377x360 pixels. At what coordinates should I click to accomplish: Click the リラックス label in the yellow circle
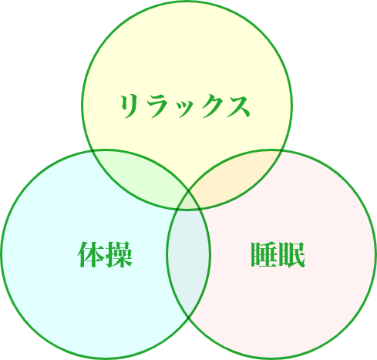click(185, 106)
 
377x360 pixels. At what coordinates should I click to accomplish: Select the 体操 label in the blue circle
click(105, 254)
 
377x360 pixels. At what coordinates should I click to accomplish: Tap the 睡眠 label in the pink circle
click(278, 254)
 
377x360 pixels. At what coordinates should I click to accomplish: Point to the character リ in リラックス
click(130, 106)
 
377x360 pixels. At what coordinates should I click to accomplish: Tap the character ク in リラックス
click(210, 106)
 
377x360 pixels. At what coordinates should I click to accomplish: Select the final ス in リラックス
click(238, 106)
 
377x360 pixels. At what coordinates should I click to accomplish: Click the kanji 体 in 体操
click(90, 254)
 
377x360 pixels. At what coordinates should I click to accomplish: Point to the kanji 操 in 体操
click(119, 254)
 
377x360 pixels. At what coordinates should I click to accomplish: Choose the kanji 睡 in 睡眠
click(264, 254)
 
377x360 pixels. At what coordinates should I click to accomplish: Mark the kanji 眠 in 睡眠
click(292, 254)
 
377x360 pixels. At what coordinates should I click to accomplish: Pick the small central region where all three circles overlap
click(189, 201)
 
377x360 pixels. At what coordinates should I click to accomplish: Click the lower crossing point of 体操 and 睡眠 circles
click(189, 318)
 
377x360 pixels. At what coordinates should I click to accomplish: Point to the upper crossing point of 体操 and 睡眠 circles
click(189, 191)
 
